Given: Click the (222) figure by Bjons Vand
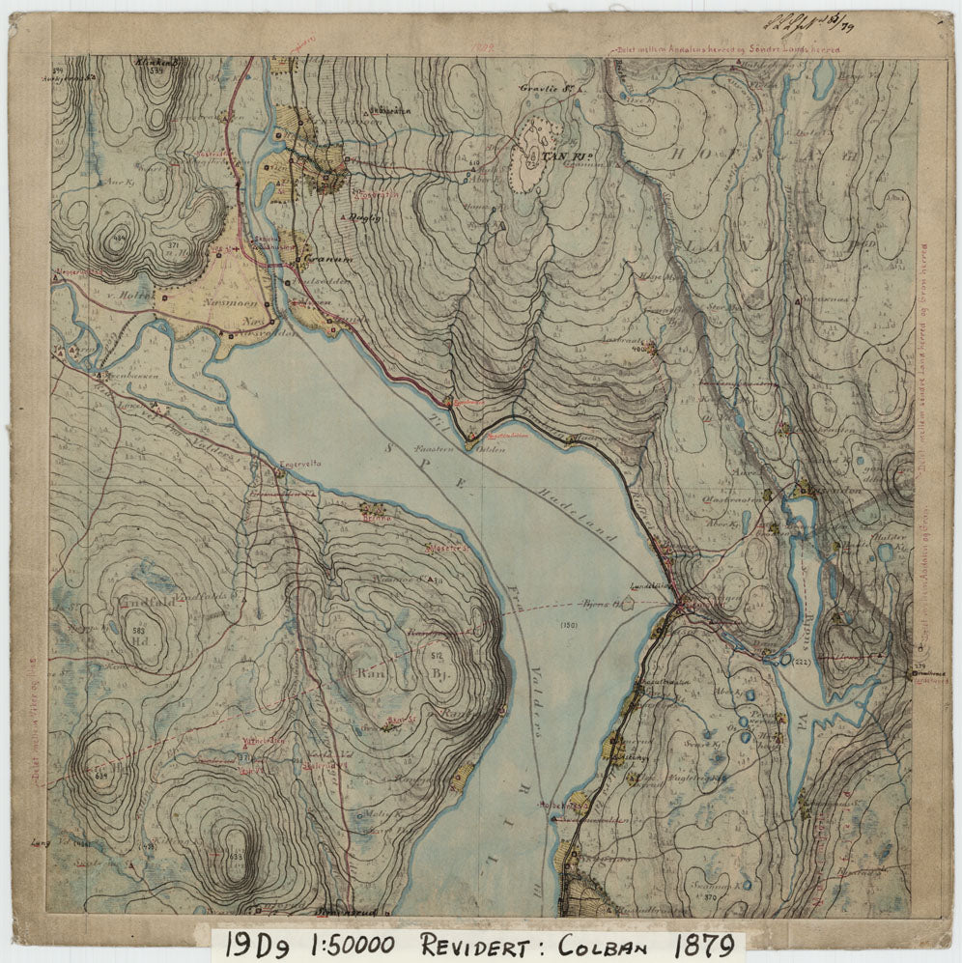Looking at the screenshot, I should pyautogui.click(x=801, y=662).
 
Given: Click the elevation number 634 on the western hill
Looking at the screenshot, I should pyautogui.click(x=99, y=774).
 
